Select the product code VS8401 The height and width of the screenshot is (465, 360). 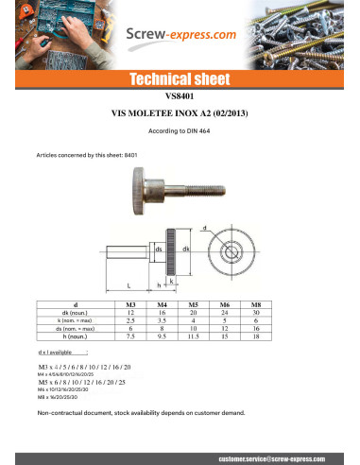(180, 95)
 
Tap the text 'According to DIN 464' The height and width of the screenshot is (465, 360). (180, 129)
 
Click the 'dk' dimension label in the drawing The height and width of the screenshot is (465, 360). (187, 249)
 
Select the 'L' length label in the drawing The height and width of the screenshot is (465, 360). (129, 284)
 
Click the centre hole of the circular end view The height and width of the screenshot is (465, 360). (230, 253)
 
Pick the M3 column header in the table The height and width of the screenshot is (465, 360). (130, 304)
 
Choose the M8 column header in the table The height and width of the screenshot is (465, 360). (256, 304)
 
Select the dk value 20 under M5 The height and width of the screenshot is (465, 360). (193, 312)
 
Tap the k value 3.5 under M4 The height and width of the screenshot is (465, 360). (162, 319)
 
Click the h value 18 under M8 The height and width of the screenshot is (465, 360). (256, 335)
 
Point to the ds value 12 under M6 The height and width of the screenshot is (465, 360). (225, 327)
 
